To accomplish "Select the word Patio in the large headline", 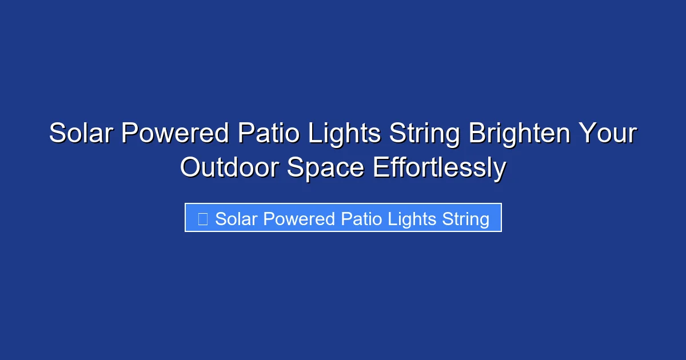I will pos(270,134).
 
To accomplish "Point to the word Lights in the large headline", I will pos(346,134).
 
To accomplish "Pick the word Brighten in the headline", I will pos(520,134).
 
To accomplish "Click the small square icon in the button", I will pos(202,219).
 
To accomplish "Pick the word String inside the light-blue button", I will pos(465,219).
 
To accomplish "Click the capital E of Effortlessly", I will pos(380,168).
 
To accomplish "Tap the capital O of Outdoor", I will pos(190,168).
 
